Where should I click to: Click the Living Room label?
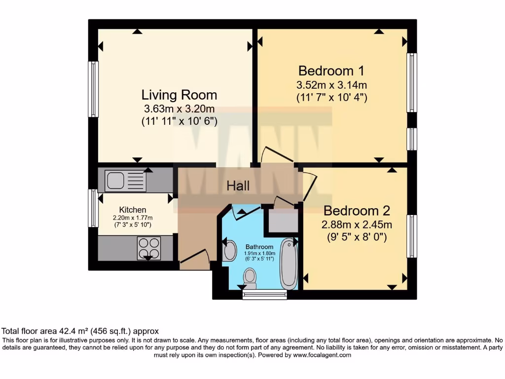point(179,94)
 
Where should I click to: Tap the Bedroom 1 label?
point(331,70)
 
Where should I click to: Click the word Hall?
point(238,186)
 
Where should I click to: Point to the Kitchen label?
point(132,210)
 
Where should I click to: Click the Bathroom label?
point(259,247)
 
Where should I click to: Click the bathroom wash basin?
point(229,251)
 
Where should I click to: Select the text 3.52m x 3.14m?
point(331,85)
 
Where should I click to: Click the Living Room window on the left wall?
point(93,89)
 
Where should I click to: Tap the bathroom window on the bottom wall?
point(265,295)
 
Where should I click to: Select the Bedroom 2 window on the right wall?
point(411,236)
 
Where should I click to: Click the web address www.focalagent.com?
point(322,355)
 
